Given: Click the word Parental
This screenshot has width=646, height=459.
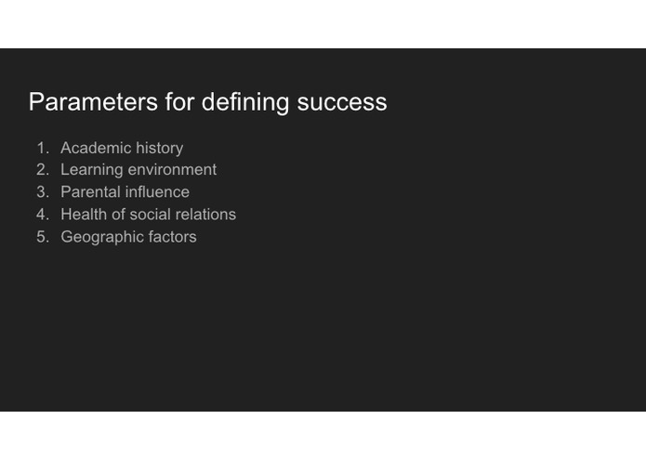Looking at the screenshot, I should (x=90, y=192).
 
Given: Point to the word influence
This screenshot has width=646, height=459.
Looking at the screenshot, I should (x=157, y=192).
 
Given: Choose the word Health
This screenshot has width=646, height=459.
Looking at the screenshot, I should (x=84, y=215).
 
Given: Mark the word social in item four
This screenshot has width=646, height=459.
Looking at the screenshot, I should (x=152, y=215).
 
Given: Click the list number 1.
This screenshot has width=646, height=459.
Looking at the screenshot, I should (x=42, y=148).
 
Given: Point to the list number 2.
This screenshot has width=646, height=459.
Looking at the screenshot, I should (x=42, y=170).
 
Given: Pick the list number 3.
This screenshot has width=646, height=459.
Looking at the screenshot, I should (x=42, y=192).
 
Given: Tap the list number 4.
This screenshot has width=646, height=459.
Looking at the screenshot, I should (x=42, y=215).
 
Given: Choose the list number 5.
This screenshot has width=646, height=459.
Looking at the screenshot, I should (x=42, y=237).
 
